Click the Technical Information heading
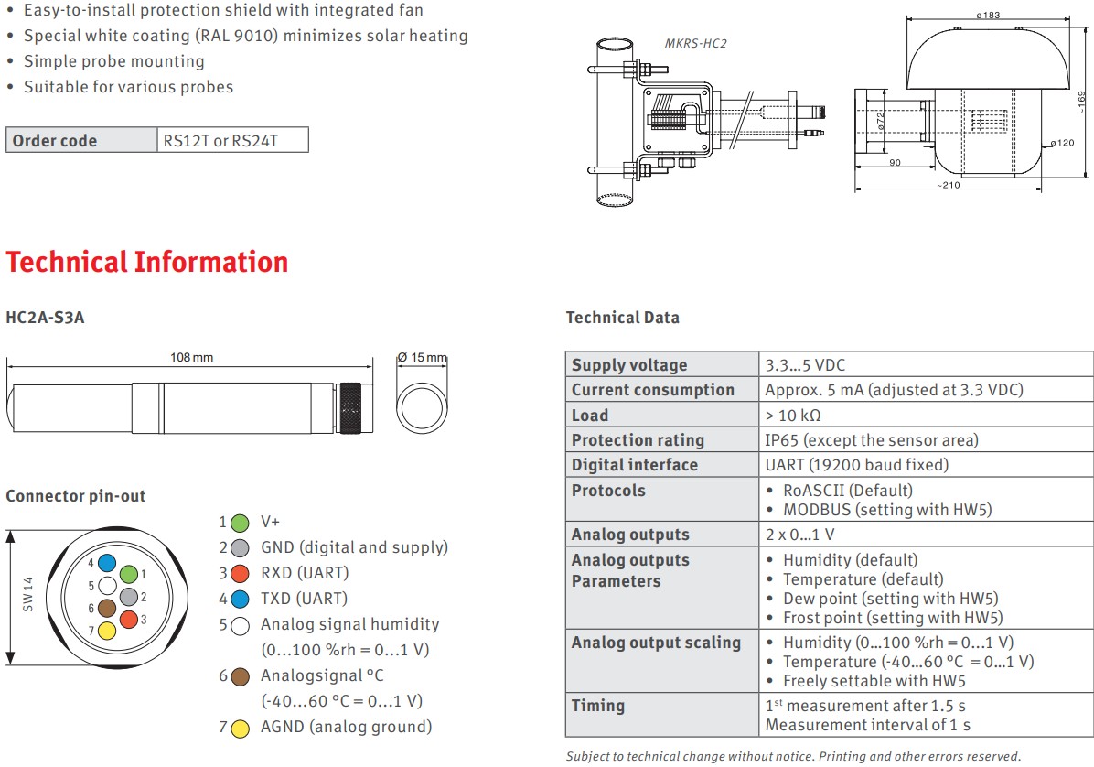tap(147, 263)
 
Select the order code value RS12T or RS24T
tap(220, 141)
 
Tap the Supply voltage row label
tap(629, 365)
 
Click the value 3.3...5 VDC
tap(805, 365)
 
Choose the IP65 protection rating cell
tap(871, 440)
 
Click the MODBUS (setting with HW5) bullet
tap(886, 510)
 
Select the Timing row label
tap(598, 706)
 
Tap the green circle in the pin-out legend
tap(240, 523)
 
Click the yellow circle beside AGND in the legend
tap(240, 729)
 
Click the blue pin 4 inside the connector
tap(107, 563)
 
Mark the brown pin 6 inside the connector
tap(107, 608)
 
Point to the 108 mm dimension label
tap(191, 357)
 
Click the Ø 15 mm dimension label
tap(422, 357)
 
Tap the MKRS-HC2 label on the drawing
tap(695, 43)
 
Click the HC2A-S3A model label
tap(45, 318)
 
